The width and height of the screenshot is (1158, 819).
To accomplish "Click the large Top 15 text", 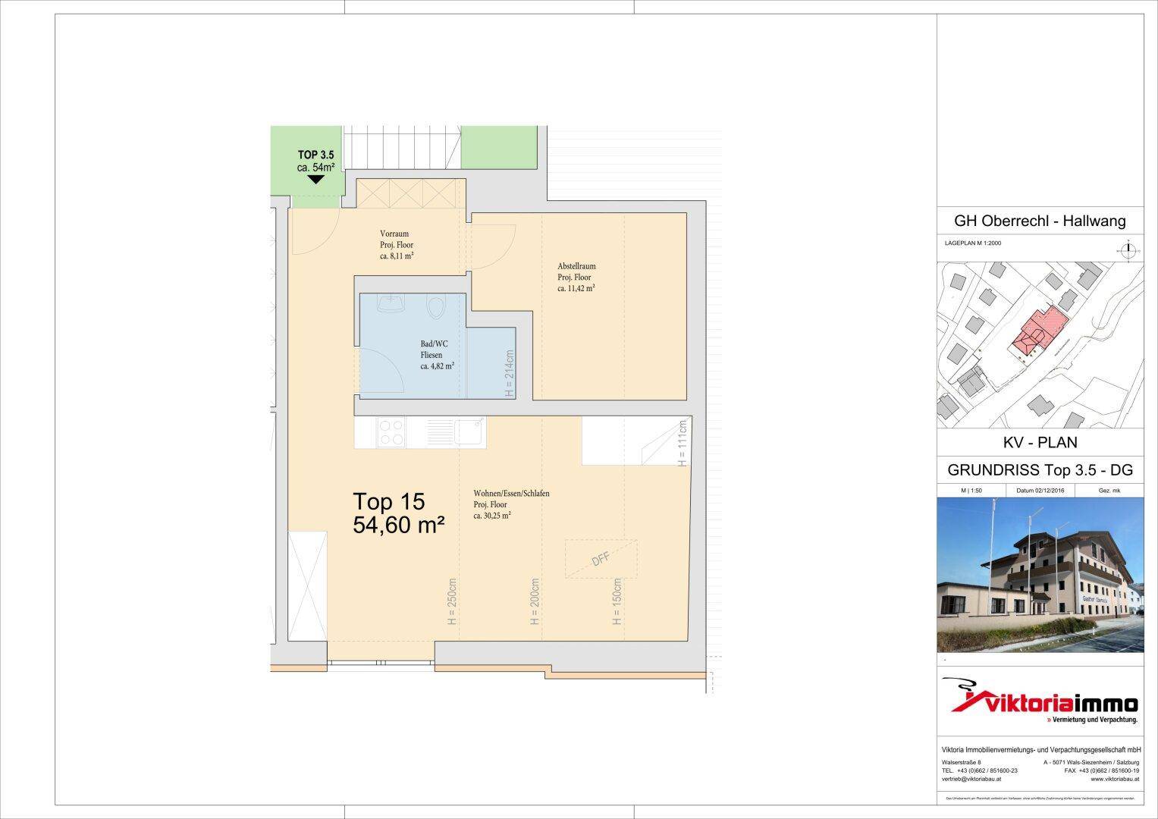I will click(x=389, y=501).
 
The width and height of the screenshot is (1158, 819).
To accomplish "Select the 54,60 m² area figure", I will click(x=398, y=525).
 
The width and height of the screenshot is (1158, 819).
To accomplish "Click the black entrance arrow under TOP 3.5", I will click(x=315, y=180).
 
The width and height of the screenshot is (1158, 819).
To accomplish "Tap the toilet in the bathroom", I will click(x=435, y=307).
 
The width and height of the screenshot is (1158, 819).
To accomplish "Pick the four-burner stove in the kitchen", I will click(x=391, y=432).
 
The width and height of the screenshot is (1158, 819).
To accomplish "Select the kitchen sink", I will click(x=467, y=432).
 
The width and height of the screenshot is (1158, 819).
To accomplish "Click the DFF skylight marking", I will click(x=601, y=559).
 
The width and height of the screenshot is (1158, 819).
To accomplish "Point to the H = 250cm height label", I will click(x=452, y=602).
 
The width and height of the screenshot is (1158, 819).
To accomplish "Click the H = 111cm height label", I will click(x=682, y=443).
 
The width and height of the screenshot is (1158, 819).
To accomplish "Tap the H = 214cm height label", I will click(x=510, y=374).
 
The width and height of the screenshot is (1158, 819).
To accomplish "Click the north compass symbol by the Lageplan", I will click(x=1128, y=248).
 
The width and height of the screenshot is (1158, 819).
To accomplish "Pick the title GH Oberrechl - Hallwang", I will click(x=1040, y=221).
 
